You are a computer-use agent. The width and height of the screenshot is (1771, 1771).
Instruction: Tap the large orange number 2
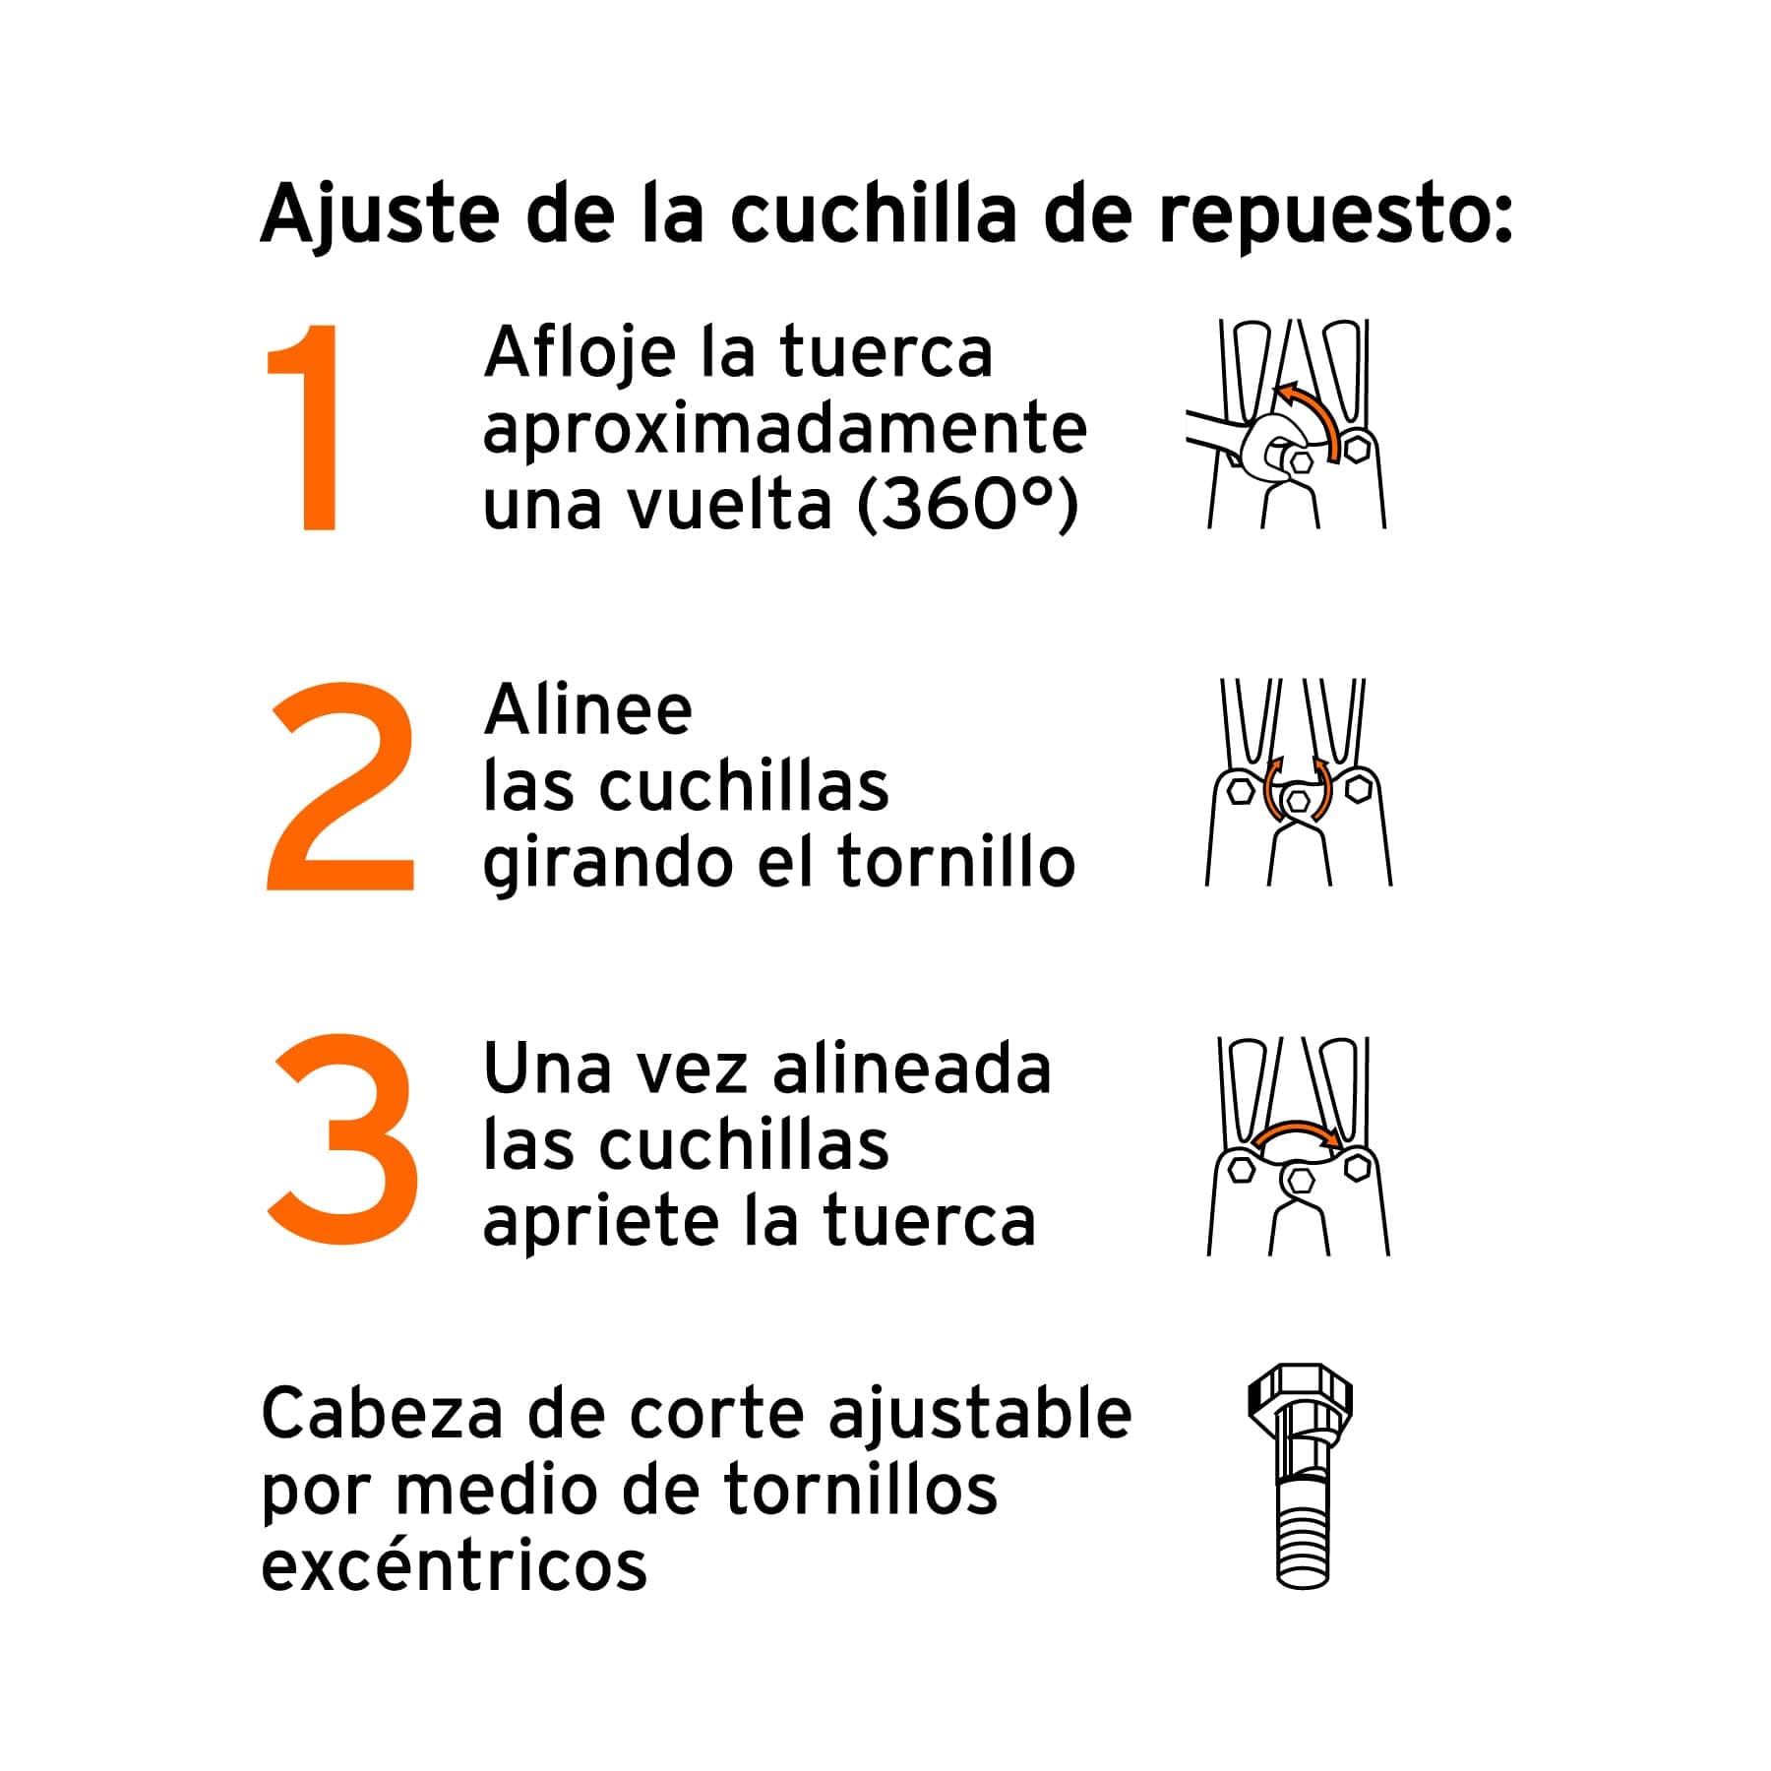(x=339, y=787)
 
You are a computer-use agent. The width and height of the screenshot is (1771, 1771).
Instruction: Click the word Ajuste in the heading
(x=380, y=214)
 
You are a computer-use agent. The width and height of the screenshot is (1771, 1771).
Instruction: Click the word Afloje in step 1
(x=580, y=354)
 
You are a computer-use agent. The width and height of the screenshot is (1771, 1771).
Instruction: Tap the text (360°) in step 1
(x=968, y=506)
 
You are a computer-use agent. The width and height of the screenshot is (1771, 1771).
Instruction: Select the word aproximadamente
(x=784, y=431)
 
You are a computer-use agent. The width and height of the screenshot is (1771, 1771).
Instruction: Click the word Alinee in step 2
(x=587, y=710)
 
